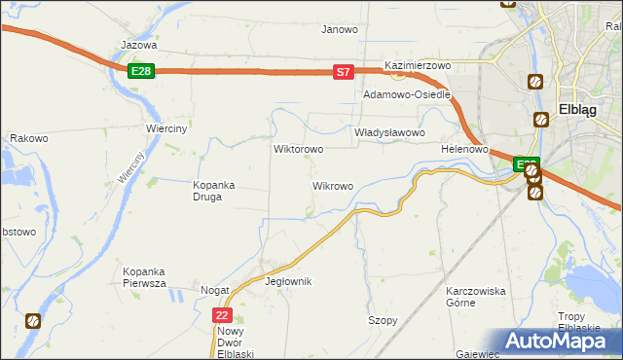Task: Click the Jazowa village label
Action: [x=138, y=45]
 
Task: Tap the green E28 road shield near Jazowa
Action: [x=140, y=71]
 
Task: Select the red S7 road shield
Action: [x=343, y=72]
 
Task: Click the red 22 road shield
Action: [x=223, y=315]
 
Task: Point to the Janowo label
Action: [x=340, y=29]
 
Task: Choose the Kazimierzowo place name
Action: [x=419, y=65]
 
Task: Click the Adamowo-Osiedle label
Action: [x=406, y=95]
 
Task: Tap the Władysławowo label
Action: [x=389, y=132]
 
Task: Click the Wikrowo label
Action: [x=332, y=185]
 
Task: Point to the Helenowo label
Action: [x=463, y=150]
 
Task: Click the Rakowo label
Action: [x=29, y=139]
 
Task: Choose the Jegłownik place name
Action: [x=288, y=281]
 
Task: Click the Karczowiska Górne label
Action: [x=475, y=297]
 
